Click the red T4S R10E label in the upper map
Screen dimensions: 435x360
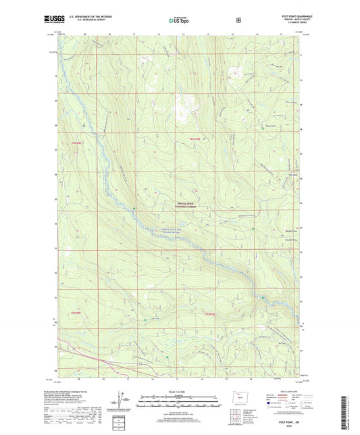[x=195, y=138]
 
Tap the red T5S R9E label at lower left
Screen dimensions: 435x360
[x=68, y=313]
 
